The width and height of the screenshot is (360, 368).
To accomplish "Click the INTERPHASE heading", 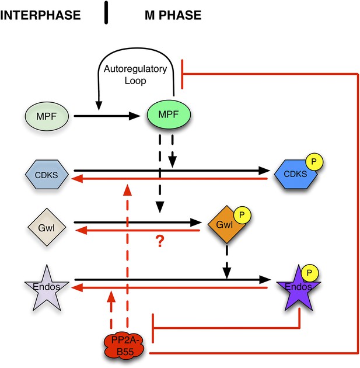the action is coord(40,15).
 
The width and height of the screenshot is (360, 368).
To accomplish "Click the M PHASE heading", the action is coord(173,15).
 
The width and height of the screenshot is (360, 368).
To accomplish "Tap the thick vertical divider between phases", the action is coord(106,12).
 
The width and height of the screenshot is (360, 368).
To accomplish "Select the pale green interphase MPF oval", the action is coord(47,116).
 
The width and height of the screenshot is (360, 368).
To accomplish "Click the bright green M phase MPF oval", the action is coord(169,114).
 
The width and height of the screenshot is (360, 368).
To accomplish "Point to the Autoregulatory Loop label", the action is coord(135,75).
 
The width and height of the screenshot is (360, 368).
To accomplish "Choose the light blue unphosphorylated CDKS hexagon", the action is coord(47,175).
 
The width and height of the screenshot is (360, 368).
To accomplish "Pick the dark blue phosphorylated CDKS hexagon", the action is coord(296,175).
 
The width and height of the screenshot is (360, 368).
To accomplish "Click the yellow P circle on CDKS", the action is coord(314,162).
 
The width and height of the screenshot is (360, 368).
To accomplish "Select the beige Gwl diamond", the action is coord(47,227).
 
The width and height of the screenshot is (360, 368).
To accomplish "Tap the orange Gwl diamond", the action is coord(226,225).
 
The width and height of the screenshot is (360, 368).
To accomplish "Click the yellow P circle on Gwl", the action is coord(242,215).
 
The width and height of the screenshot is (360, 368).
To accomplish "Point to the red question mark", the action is coord(160,241).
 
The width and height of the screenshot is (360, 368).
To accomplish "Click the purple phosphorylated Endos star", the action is coord(299,288).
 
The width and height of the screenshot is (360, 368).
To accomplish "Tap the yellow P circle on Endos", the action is coord(310,273).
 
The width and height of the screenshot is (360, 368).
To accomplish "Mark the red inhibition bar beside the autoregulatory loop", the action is coord(182,74).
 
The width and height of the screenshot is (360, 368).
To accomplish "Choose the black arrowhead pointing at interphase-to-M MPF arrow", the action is coord(99,106).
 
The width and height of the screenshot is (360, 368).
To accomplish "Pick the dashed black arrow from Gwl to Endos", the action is coord(226,262).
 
